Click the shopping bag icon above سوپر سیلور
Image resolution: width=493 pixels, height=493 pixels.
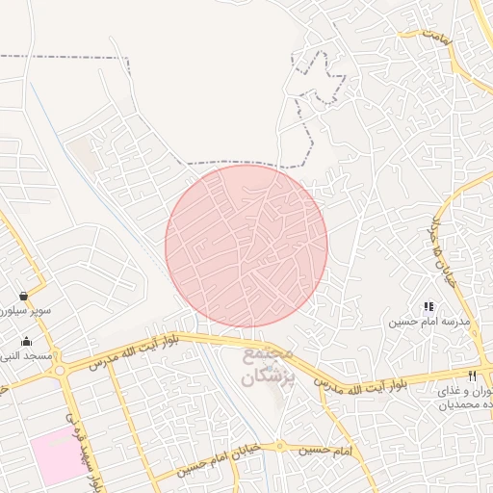22,296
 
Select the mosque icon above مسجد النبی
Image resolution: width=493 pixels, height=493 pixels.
26,341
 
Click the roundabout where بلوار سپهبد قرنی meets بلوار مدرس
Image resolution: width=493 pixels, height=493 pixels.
61,370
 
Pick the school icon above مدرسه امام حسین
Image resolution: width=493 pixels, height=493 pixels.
428,306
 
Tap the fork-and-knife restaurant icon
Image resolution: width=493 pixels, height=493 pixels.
472,376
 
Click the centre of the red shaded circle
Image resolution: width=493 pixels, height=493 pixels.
246,246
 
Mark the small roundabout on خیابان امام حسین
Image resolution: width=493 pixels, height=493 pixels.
280,447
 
